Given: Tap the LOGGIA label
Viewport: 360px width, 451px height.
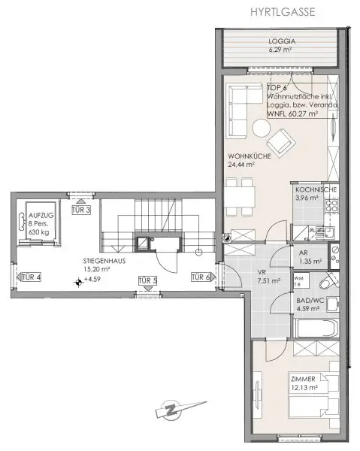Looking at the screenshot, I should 283,42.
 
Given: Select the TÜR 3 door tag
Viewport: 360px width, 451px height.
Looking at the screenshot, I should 81,210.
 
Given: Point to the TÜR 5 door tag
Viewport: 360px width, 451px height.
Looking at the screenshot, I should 147,281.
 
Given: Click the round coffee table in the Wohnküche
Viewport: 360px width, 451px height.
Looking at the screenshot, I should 259,129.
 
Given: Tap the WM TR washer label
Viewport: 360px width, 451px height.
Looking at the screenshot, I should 298,283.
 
